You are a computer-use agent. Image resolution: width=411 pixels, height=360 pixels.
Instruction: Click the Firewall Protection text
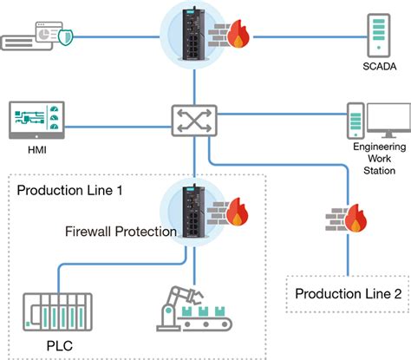click(121, 232)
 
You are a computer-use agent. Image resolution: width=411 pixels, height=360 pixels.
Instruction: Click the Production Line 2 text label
click(347, 295)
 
